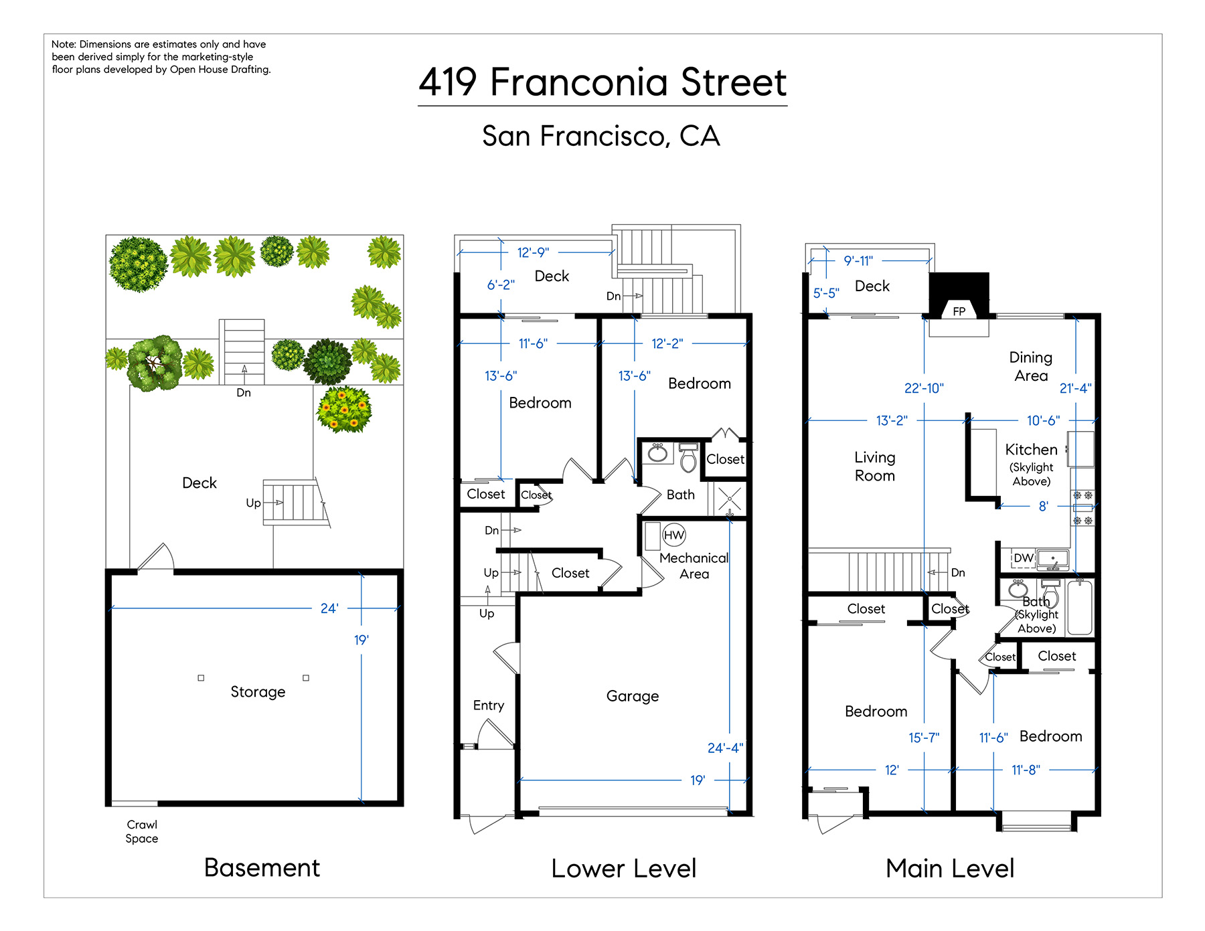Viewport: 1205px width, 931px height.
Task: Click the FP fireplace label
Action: point(959,311)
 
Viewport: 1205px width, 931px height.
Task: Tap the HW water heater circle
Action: point(673,535)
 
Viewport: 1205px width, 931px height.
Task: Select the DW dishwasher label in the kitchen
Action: point(1023,558)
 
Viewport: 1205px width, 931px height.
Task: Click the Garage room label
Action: point(633,696)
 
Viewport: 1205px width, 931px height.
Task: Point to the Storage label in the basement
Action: point(258,691)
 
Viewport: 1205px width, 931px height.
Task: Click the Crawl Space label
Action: point(142,831)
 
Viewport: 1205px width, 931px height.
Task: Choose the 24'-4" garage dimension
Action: point(725,748)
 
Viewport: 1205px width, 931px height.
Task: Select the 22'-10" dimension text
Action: point(924,388)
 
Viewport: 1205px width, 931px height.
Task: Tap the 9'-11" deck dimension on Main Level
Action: point(858,260)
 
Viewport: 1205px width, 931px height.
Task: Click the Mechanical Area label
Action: point(694,566)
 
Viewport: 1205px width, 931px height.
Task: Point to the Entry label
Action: point(489,705)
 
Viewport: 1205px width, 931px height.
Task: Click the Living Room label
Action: point(875,467)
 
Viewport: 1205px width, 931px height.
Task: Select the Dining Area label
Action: point(1031,366)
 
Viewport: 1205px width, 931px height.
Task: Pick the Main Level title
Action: point(950,868)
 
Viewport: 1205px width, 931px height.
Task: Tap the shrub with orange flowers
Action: point(344,409)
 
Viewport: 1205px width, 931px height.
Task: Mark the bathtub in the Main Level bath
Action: point(1080,607)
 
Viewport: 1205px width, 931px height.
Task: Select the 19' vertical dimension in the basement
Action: point(361,640)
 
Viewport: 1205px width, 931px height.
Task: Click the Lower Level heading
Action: point(624,868)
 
